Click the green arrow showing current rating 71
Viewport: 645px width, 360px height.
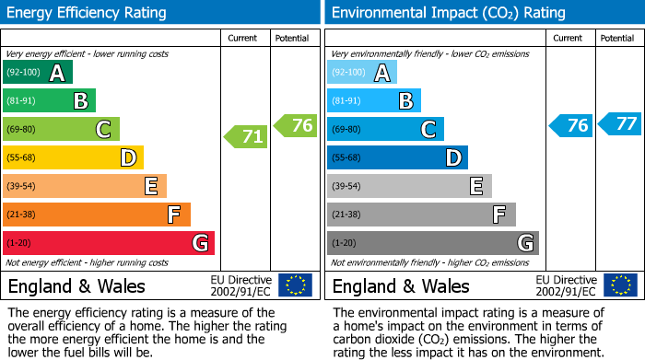point(246,137)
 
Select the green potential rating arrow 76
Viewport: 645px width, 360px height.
point(296,126)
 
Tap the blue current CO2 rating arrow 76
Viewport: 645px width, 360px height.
point(570,126)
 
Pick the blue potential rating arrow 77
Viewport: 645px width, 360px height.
point(620,123)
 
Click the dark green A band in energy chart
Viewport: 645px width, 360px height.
point(38,73)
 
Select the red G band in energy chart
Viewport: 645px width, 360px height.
point(109,243)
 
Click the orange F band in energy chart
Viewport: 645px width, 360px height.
point(97,215)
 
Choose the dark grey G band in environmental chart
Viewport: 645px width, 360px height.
point(432,243)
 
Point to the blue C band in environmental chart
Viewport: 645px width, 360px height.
point(385,129)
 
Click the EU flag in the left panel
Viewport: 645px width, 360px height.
point(296,285)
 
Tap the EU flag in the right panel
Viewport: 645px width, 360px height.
point(620,285)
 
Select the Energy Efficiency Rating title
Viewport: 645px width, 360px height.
point(88,13)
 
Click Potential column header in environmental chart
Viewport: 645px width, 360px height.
point(617,38)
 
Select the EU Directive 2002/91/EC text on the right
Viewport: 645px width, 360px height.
point(567,285)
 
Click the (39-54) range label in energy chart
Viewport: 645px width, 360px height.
point(22,186)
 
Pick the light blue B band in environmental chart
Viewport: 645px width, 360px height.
point(374,100)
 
